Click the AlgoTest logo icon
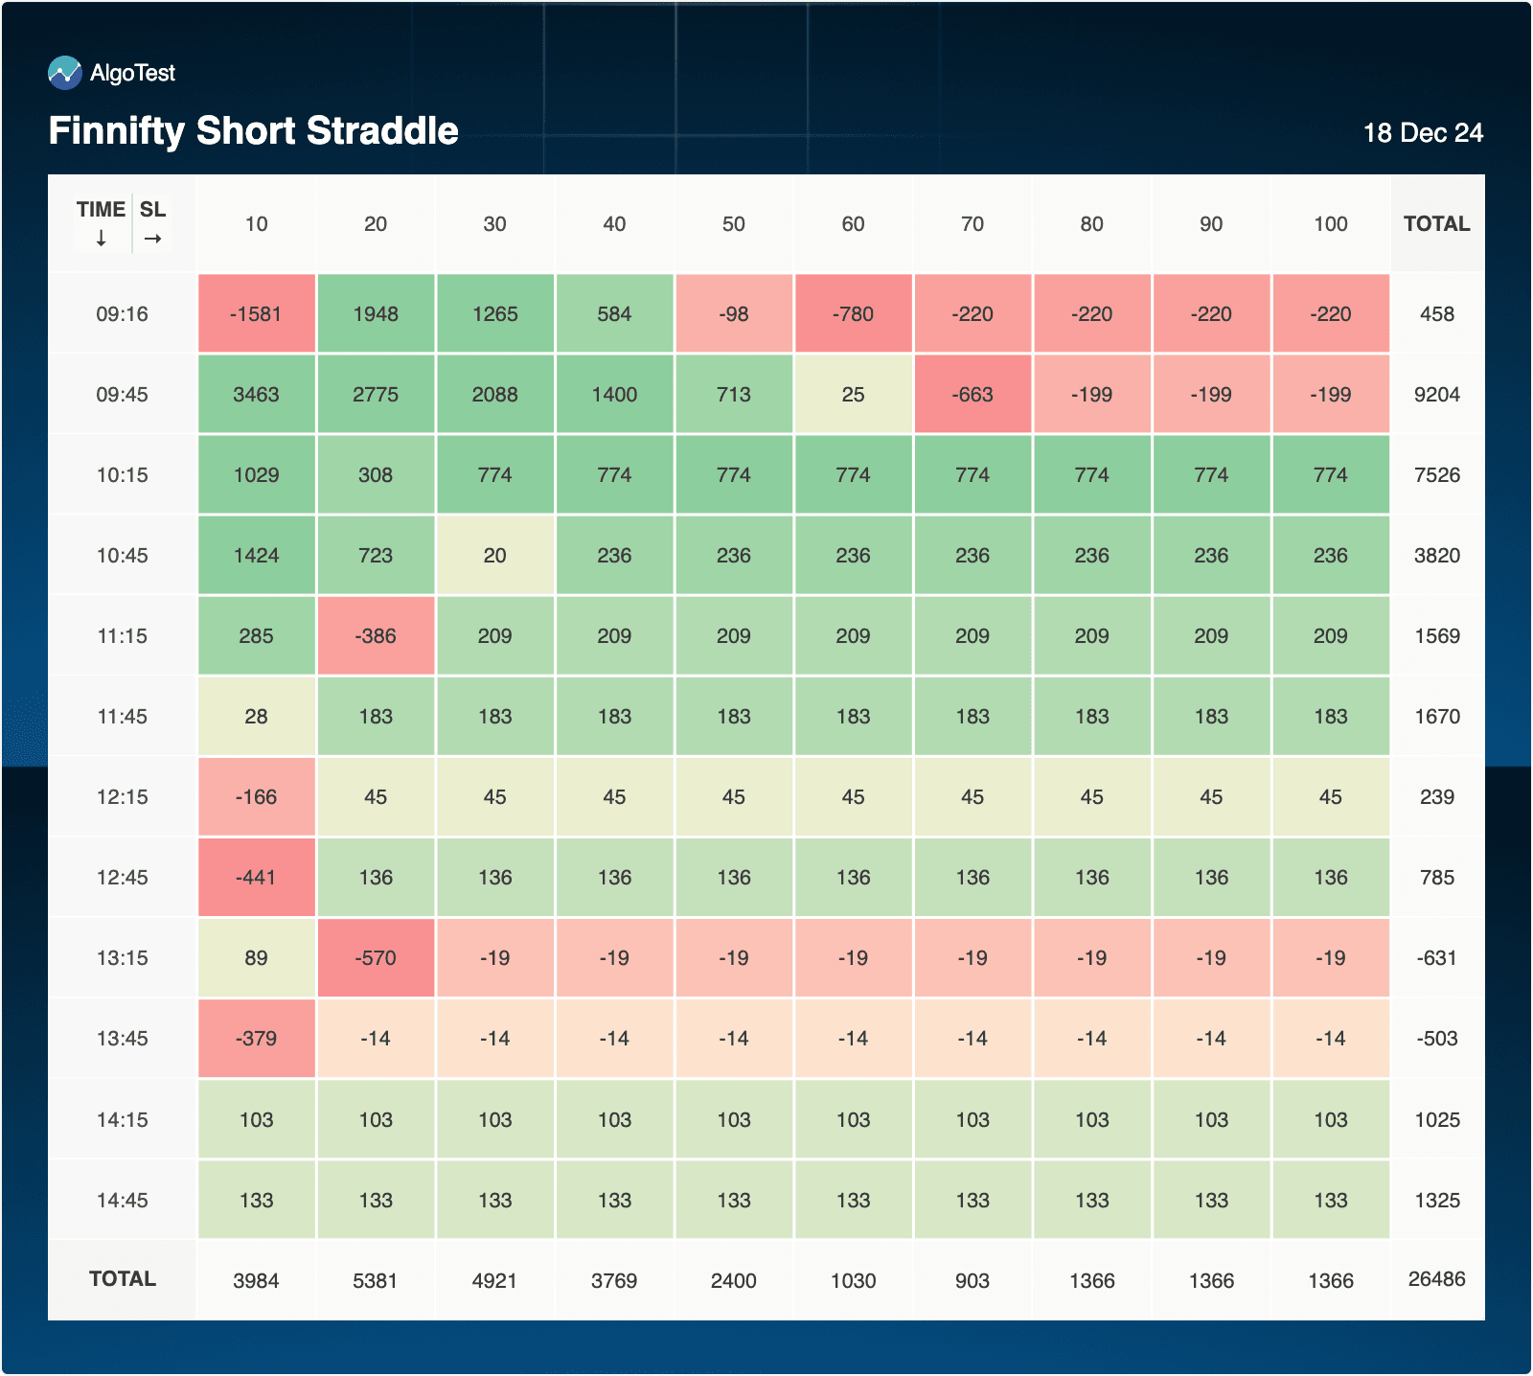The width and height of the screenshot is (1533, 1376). [x=65, y=73]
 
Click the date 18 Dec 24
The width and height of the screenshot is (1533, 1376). [x=1423, y=133]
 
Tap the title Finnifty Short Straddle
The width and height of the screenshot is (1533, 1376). [x=254, y=131]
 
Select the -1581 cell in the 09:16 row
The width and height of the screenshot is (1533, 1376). [x=256, y=314]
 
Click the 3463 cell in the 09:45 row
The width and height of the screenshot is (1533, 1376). [x=256, y=395]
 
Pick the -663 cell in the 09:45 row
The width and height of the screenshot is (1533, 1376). [x=972, y=395]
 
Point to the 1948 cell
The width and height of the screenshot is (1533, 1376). [x=376, y=314]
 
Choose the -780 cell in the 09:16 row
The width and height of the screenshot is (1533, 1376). [x=853, y=314]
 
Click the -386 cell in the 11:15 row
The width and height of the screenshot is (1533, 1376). [x=376, y=636]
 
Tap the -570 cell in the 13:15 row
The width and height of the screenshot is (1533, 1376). [x=376, y=958]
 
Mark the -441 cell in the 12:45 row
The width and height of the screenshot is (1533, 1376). [x=256, y=878]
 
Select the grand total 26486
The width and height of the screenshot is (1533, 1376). [x=1436, y=1279]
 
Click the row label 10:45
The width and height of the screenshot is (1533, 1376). [x=123, y=556]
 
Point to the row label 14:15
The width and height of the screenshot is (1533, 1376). [x=123, y=1120]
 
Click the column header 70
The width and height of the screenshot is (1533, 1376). [x=972, y=224]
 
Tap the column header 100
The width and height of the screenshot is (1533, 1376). [x=1331, y=224]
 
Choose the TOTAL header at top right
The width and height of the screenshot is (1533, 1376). [x=1436, y=224]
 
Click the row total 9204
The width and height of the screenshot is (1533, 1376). [x=1436, y=395]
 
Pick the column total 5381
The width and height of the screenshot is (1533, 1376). [x=376, y=1281]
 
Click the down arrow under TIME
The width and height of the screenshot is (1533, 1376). [x=101, y=239]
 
